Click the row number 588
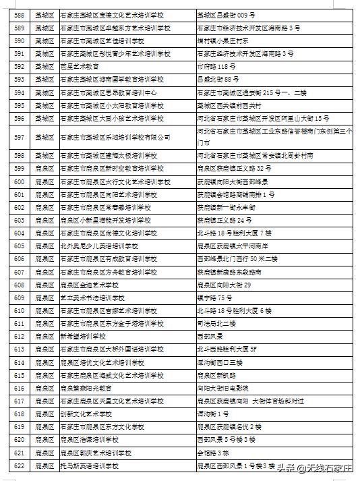(19, 13)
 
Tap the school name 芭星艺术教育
(80, 67)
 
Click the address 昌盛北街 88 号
(215, 80)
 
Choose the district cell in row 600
(44, 182)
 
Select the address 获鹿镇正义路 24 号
(224, 221)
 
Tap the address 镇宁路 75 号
(214, 298)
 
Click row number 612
(19, 336)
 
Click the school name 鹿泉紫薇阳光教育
(86, 388)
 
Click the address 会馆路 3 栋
(213, 453)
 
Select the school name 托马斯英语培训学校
(89, 465)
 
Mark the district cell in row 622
(44, 465)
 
